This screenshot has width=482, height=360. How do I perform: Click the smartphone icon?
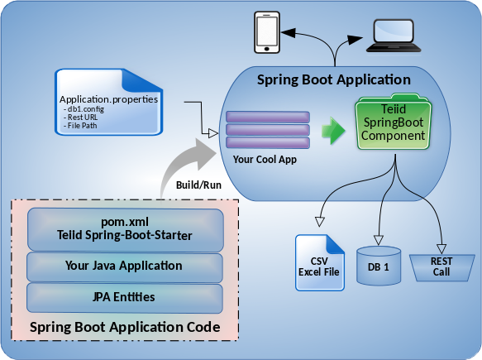(x=267, y=32)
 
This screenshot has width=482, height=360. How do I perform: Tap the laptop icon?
(x=394, y=36)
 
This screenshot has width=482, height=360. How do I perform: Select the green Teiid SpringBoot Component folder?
(x=394, y=122)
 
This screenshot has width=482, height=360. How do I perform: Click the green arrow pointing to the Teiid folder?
(x=333, y=131)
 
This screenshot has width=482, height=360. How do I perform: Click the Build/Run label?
(x=198, y=185)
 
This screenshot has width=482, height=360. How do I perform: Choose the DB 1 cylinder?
(x=379, y=266)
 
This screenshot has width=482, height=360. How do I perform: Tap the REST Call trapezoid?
(x=441, y=267)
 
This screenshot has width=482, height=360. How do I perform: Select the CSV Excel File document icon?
(x=320, y=263)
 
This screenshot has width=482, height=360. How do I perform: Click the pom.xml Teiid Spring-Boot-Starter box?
(x=125, y=229)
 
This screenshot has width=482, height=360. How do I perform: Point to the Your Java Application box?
(x=125, y=267)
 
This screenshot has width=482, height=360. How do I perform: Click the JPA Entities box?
(x=125, y=298)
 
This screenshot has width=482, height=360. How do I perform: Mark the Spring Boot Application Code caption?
(x=125, y=327)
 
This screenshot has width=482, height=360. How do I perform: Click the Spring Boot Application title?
(x=334, y=79)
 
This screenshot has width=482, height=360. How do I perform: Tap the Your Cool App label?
(x=265, y=160)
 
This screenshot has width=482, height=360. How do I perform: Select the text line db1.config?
(x=84, y=109)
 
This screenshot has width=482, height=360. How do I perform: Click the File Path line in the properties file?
(x=80, y=126)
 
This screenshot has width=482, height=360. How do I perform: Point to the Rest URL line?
(x=81, y=118)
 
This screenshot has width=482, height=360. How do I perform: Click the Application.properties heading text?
(x=108, y=99)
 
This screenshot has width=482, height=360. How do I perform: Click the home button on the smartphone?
(x=267, y=49)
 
